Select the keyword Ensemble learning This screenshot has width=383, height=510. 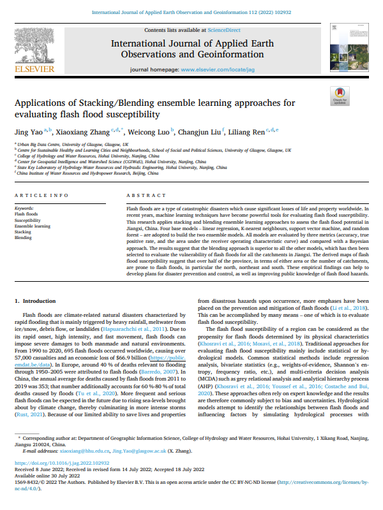coord(33,226)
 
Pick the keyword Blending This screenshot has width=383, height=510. coord(23,237)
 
